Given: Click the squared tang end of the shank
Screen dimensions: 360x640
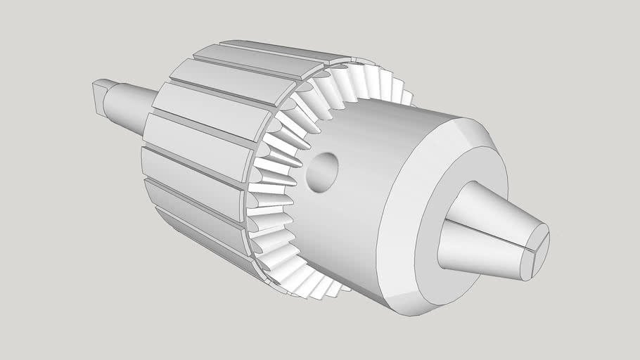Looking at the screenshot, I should point(98,96).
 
